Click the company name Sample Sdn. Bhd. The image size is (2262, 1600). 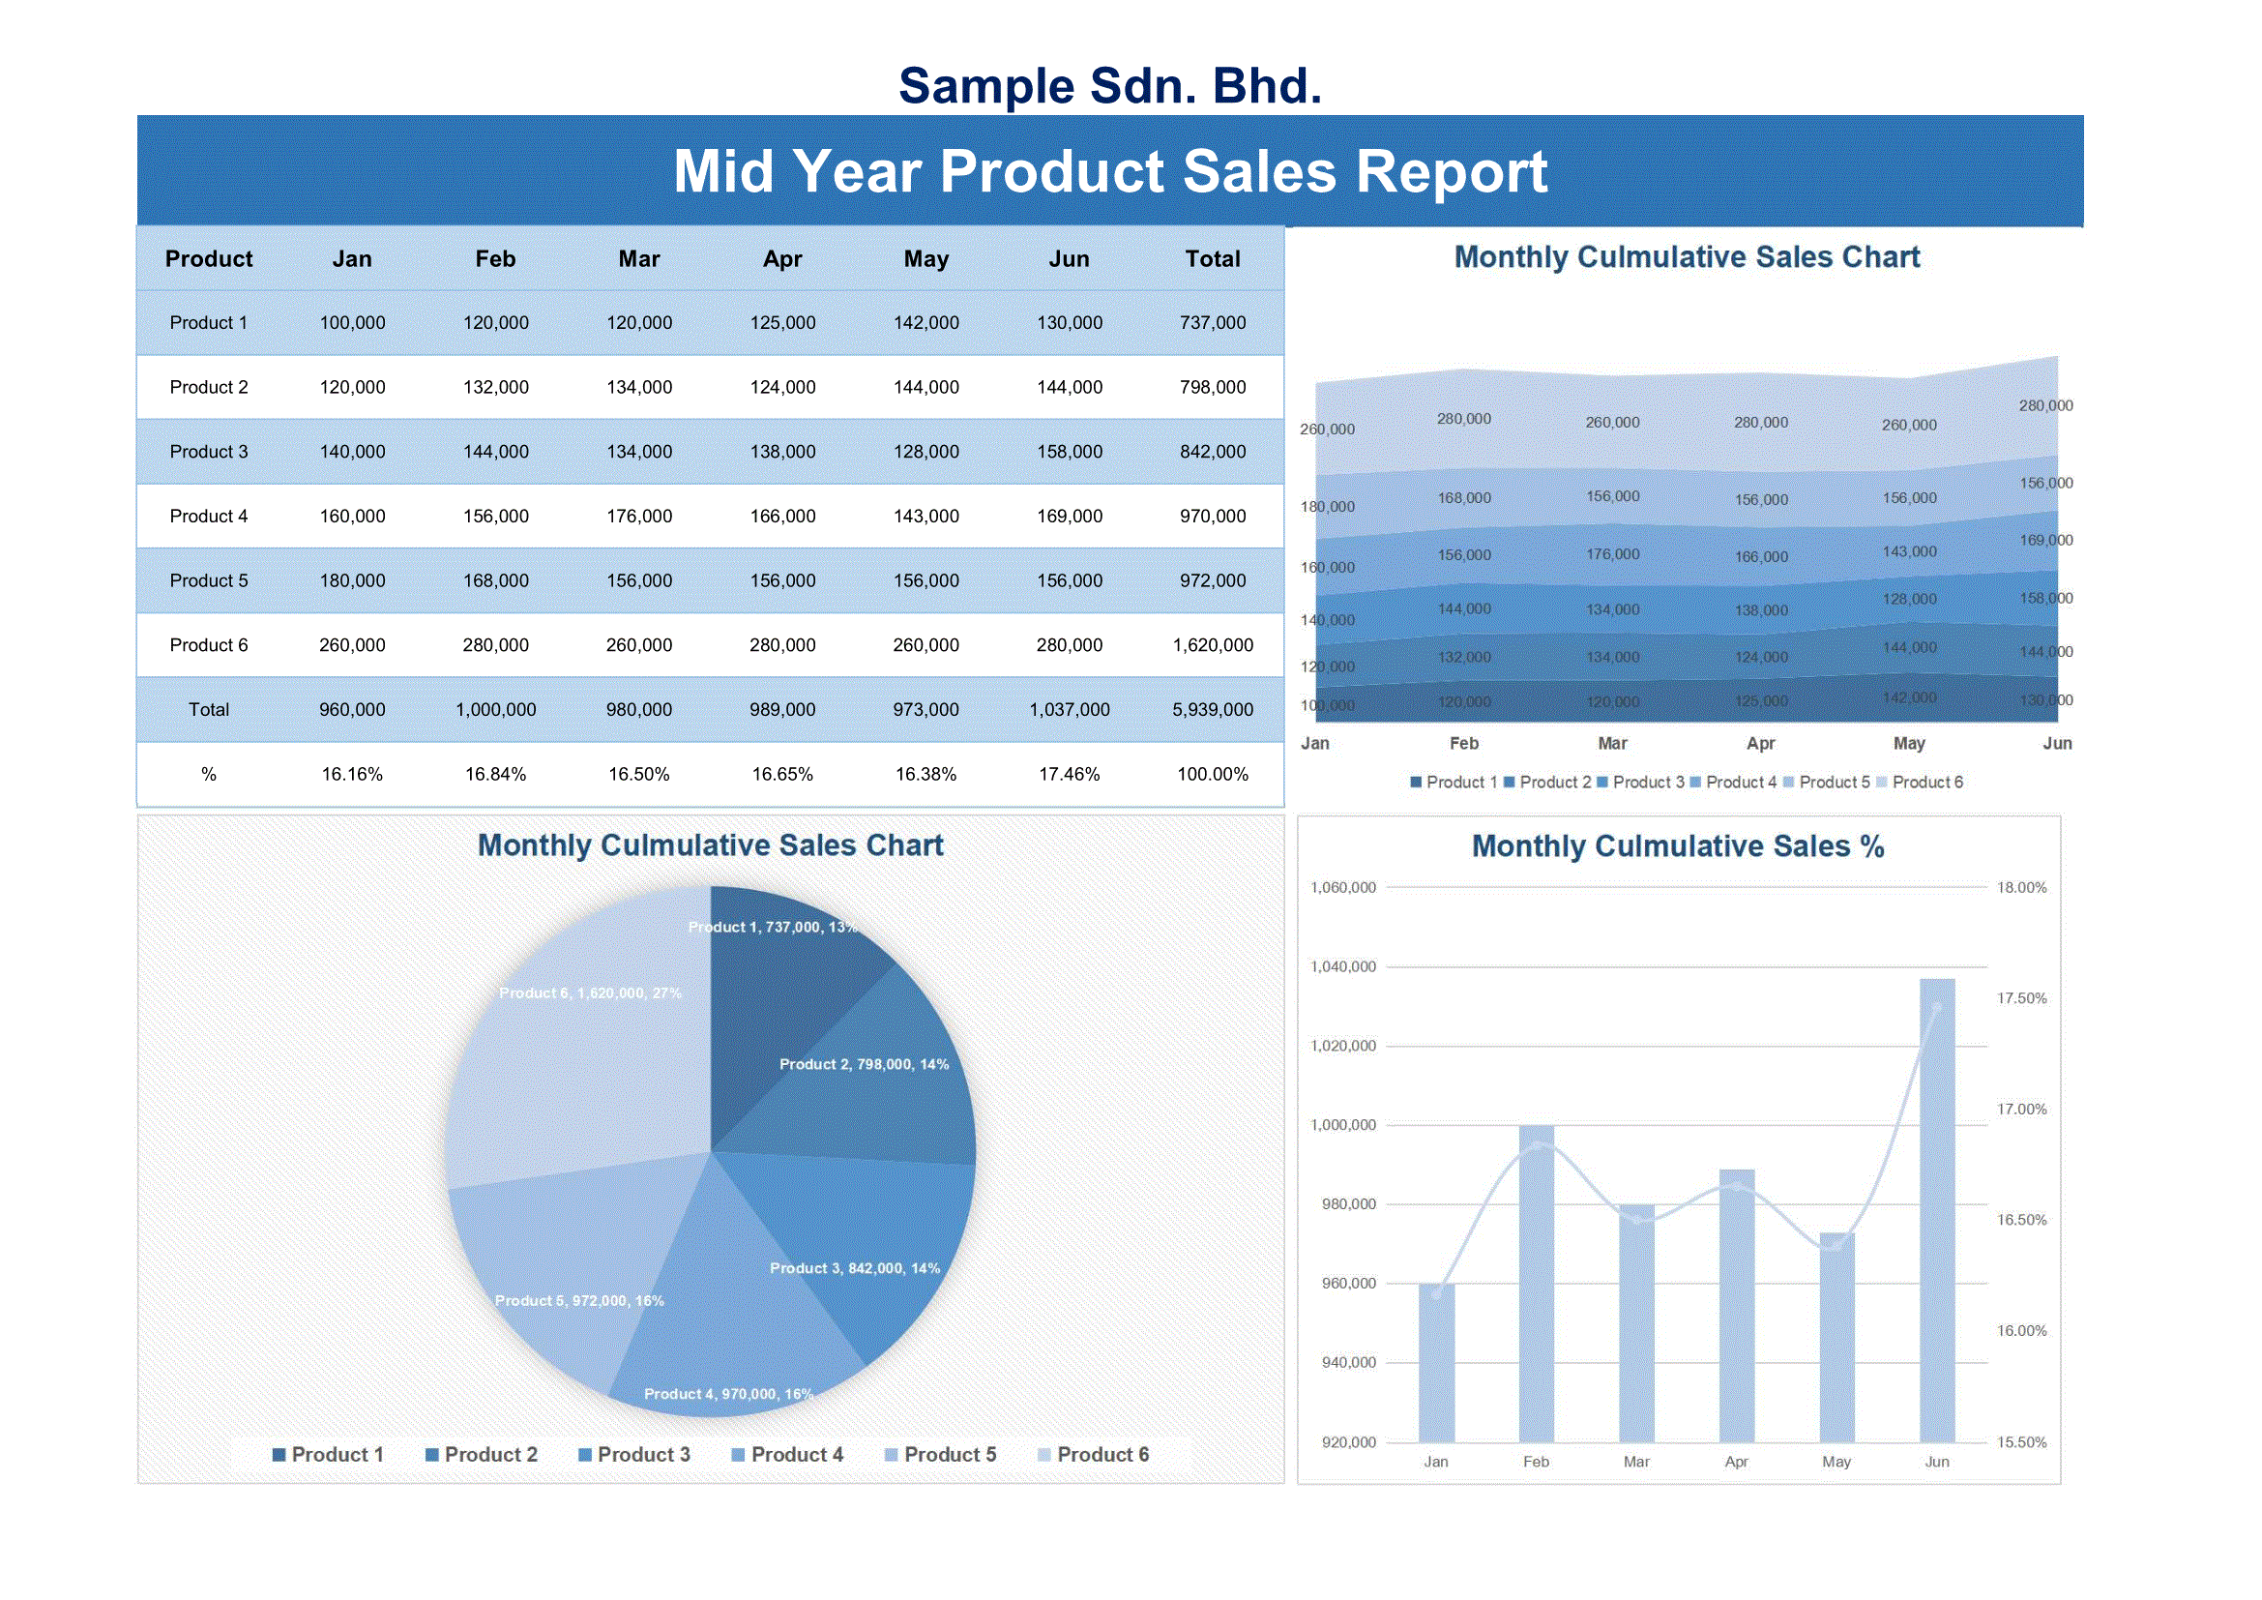[x=1109, y=86]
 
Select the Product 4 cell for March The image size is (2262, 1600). [x=638, y=517]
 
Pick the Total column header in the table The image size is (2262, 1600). [x=1212, y=259]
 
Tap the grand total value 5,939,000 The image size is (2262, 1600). [x=1212, y=710]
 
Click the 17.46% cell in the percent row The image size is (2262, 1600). [x=1069, y=775]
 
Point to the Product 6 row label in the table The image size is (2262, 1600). [x=209, y=645]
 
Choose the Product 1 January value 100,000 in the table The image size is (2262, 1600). [x=352, y=323]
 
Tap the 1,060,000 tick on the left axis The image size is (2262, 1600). [x=1343, y=888]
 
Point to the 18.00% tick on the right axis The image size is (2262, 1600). [x=2021, y=888]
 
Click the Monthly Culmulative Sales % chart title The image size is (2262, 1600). [x=1677, y=846]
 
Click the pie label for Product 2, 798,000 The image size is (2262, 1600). [x=863, y=1065]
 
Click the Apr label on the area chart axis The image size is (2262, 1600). [x=1760, y=744]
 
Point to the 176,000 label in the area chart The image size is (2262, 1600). [x=1613, y=554]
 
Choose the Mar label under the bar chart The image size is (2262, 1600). [x=1636, y=1462]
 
